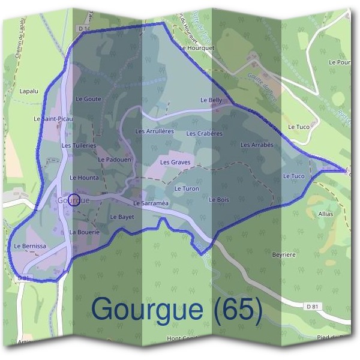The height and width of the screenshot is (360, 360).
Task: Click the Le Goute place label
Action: [88, 99]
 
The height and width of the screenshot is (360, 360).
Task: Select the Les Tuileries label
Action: [79, 145]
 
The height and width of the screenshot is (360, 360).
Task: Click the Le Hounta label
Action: [84, 178]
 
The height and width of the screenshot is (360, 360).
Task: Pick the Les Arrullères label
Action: [154, 131]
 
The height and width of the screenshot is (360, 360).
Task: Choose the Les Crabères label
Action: [204, 133]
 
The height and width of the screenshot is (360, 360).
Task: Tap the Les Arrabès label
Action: [257, 145]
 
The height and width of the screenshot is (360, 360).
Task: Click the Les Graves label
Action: [175, 162]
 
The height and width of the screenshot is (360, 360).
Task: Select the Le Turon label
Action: [186, 188]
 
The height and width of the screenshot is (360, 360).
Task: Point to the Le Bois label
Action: [219, 199]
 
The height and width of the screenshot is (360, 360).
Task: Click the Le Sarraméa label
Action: [151, 203]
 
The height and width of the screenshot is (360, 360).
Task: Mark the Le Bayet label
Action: [122, 217]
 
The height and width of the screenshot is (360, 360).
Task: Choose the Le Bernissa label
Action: [30, 247]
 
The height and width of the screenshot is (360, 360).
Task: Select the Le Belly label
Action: [211, 100]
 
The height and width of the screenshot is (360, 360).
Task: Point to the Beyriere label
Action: [284, 255]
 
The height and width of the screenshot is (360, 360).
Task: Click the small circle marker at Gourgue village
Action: [74, 200]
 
